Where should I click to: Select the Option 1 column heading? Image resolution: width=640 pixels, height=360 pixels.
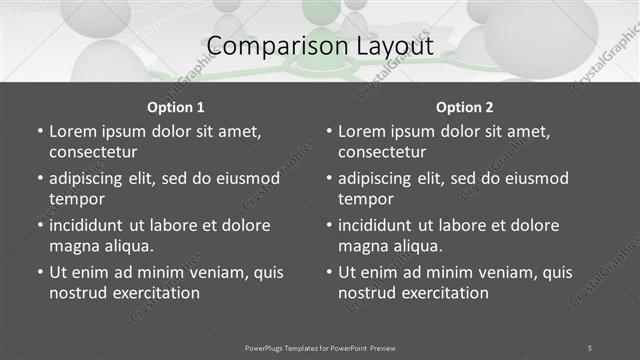click(176, 107)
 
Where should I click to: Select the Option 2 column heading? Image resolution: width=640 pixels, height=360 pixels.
click(465, 107)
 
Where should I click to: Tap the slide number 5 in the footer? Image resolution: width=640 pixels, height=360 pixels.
click(589, 347)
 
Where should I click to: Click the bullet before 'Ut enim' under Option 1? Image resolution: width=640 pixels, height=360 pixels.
click(39, 272)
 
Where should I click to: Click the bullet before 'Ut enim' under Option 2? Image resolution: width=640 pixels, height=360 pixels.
click(328, 272)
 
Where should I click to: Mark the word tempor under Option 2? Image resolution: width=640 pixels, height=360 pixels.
click(366, 199)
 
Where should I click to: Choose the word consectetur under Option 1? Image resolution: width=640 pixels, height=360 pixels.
click(93, 152)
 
